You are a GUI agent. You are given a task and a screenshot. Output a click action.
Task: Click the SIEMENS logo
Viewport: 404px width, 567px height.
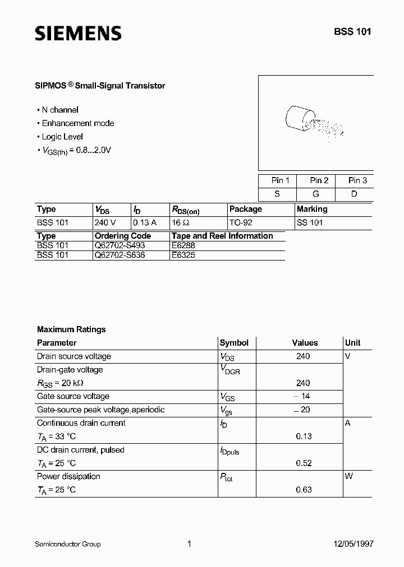click(78, 33)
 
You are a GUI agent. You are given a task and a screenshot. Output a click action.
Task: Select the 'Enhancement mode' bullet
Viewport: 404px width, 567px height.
click(77, 123)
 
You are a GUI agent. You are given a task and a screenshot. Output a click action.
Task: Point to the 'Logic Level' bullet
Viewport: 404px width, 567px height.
click(62, 137)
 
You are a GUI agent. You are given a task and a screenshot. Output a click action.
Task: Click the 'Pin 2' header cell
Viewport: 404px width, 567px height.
click(319, 180)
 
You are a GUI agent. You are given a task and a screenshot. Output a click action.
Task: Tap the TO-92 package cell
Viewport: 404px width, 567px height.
click(241, 222)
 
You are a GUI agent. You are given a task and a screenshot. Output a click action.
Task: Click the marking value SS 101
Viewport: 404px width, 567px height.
click(310, 222)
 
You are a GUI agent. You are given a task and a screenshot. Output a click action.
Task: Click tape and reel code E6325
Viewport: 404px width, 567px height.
click(183, 254)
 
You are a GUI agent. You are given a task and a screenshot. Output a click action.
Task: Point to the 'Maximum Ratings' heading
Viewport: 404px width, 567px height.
click(71, 329)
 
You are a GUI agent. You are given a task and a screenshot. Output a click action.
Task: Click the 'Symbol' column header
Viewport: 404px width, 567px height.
click(234, 343)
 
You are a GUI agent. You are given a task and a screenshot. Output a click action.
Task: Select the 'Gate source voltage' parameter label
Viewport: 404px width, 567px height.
click(73, 396)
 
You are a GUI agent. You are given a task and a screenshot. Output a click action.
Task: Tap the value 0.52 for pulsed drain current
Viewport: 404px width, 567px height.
click(304, 463)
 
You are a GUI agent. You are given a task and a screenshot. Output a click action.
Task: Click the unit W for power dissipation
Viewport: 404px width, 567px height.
click(348, 476)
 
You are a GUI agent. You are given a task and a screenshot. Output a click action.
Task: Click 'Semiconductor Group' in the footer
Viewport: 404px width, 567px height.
click(68, 543)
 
